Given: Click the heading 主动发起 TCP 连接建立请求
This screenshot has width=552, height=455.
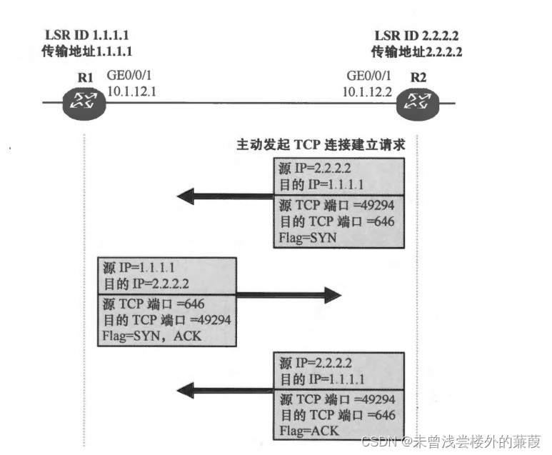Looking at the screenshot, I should (x=321, y=144).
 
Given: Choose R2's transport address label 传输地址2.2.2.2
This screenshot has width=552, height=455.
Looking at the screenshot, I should (x=417, y=51).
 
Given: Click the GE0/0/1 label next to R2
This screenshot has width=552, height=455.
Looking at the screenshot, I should (x=368, y=75).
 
